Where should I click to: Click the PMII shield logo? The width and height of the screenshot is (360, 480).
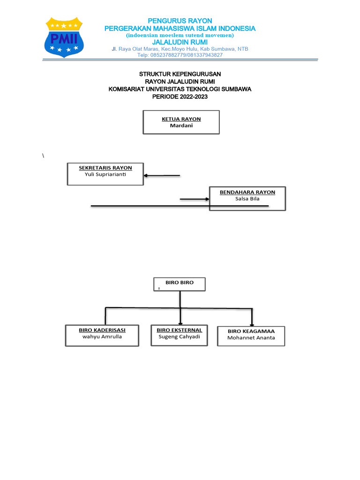click(64, 37)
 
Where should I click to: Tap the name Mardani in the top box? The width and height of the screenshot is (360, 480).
click(181, 126)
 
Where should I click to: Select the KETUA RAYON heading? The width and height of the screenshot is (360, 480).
click(181, 119)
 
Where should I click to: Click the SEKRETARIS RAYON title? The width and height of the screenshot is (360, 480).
click(105, 168)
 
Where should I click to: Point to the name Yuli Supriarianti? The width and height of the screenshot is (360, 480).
click(105, 174)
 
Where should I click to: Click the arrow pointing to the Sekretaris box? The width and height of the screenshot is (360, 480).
click(162, 175)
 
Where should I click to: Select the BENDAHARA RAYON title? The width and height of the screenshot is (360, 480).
click(247, 192)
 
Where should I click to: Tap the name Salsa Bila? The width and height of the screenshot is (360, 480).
click(247, 199)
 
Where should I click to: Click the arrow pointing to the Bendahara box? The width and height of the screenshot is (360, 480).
click(195, 199)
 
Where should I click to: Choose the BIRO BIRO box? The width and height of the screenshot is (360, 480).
click(180, 284)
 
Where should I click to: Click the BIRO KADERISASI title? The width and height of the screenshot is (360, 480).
click(102, 330)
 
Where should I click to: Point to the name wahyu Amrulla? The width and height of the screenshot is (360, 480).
click(102, 337)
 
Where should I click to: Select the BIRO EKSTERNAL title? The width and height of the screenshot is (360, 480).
click(180, 330)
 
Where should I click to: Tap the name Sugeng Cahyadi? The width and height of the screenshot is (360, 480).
click(180, 337)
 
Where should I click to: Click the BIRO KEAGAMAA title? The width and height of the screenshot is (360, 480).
click(251, 331)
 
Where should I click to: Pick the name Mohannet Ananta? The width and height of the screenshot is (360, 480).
click(251, 337)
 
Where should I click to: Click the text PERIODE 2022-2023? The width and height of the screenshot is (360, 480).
click(180, 97)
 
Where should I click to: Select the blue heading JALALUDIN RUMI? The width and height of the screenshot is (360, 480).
click(180, 42)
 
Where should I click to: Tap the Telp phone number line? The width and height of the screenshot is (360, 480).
click(180, 55)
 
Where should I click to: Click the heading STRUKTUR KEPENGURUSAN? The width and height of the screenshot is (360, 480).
click(180, 74)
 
